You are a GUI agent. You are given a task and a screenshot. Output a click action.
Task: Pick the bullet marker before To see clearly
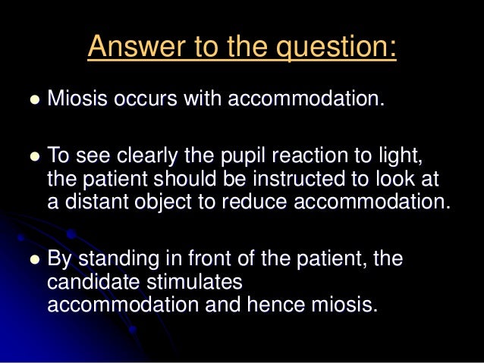(33, 158)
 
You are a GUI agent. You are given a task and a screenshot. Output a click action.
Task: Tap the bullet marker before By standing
(33, 260)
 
